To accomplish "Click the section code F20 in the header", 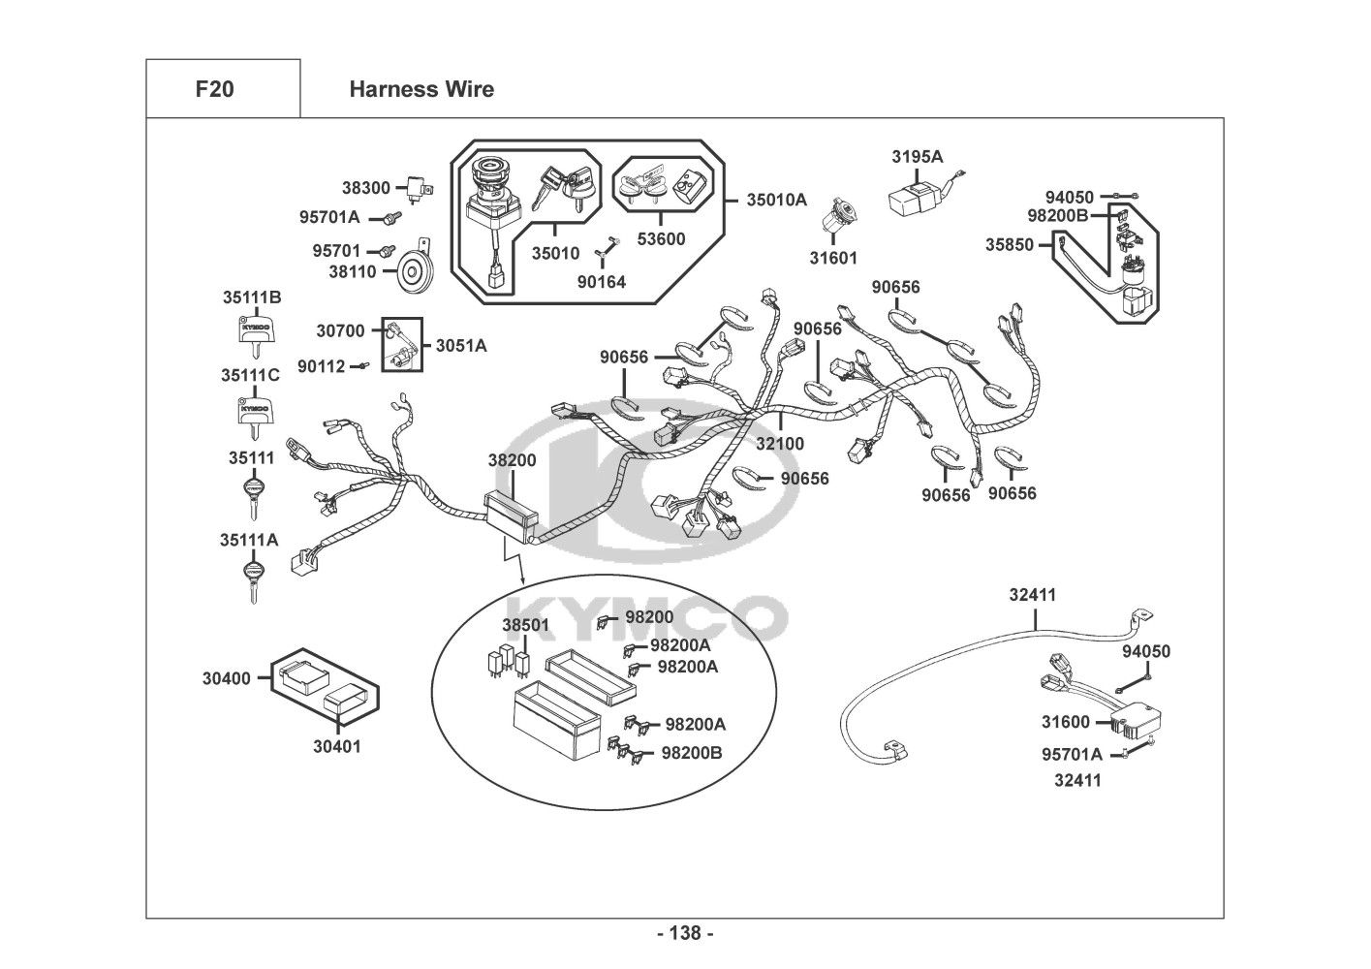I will coord(214,89).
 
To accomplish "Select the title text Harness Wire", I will coord(421,89).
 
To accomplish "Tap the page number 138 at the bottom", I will coord(685,933).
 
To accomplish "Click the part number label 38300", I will coord(365,188).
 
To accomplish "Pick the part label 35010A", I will coord(776,200).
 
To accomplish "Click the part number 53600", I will coord(660,239).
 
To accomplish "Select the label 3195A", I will coord(917,156).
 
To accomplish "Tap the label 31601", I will coord(833,258).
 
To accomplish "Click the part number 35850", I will coord(1010,245).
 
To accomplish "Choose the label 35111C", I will coord(250,375).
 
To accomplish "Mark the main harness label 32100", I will coord(780,444).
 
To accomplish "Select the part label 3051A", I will coord(461,344).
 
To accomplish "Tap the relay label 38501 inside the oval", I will coord(525,625).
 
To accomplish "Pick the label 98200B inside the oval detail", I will coord(692,753).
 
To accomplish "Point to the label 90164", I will coord(601,282).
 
